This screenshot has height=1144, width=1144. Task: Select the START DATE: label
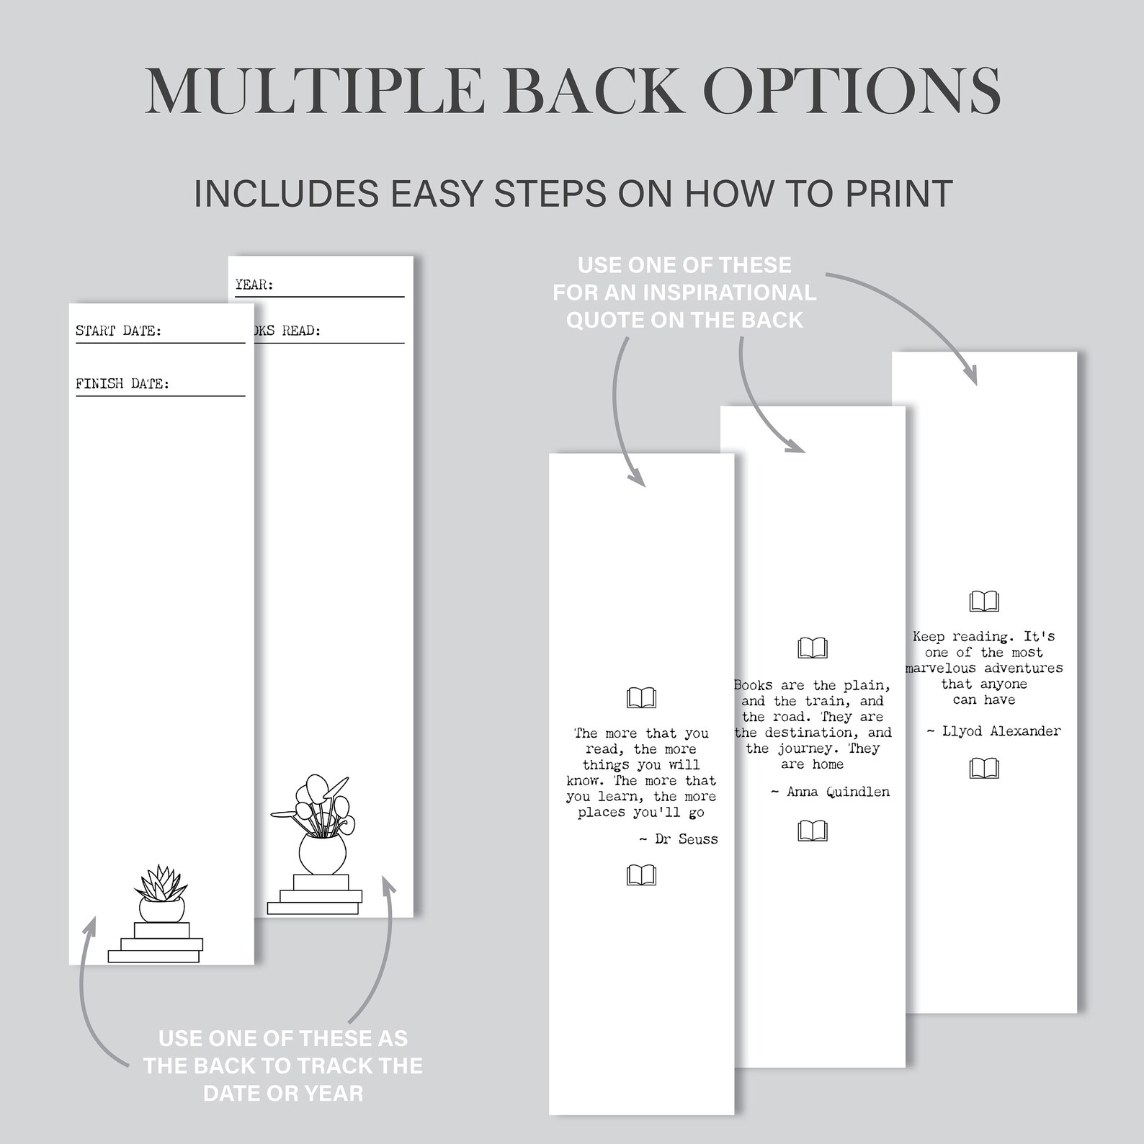(119, 331)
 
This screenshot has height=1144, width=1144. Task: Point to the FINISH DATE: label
(122, 384)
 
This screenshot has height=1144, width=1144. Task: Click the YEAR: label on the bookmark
(254, 285)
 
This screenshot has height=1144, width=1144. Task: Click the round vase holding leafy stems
(322, 854)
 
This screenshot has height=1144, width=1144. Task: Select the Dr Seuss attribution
(679, 839)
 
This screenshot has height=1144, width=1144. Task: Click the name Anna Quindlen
(838, 792)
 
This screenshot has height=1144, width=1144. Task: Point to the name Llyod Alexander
(1001, 731)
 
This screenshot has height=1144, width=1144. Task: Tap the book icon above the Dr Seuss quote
(641, 697)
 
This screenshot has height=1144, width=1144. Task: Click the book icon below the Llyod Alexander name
(984, 769)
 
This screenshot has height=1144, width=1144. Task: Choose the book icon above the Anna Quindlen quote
(813, 648)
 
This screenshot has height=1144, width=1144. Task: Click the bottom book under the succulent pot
(153, 957)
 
